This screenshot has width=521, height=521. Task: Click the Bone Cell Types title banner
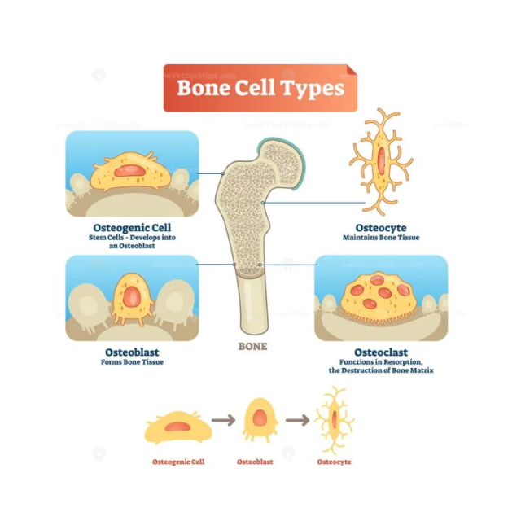pos(260,88)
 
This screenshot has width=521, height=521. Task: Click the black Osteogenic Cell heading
pos(132,227)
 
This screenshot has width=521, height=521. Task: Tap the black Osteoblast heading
pos(132,352)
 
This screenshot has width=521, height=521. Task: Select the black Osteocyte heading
pos(380,227)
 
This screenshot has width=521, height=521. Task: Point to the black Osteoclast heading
pos(380,352)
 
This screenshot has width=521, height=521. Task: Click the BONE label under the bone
pos(252,346)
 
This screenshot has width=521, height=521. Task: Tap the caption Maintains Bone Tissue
pos(380,238)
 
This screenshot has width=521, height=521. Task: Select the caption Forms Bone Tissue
pos(132,362)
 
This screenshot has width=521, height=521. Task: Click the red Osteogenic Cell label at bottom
pos(178,462)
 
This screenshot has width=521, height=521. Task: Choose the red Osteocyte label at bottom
pos(334,462)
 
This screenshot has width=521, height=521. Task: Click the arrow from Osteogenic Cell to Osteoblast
pos(223,421)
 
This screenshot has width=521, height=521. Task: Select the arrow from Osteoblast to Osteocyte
pos(297,421)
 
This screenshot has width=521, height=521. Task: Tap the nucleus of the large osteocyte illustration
pos(380,160)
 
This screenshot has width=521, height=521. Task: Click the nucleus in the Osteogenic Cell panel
pos(130,170)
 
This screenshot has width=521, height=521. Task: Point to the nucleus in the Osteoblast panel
pos(132,298)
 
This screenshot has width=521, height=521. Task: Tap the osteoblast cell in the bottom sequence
pos(260,420)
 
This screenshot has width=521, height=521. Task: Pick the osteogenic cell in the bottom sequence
pos(178,427)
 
